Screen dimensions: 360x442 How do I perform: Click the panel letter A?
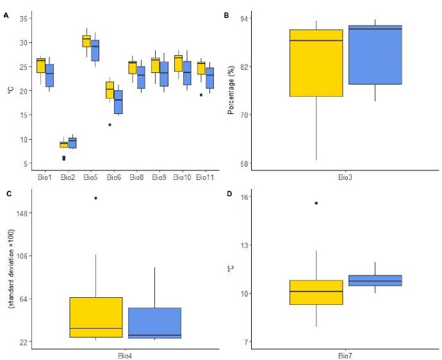(6, 15)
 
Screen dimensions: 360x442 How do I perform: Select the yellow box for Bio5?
(86, 41)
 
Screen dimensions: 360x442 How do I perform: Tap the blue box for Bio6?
(118, 102)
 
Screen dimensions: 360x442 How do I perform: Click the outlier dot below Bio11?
(201, 95)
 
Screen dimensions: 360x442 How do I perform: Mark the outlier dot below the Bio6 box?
(110, 124)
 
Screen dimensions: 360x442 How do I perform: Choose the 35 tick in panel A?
(22, 19)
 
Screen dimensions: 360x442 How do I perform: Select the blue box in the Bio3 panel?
(375, 55)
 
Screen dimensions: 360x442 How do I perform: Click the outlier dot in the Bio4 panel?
(95, 198)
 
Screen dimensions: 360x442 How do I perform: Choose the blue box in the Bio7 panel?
(375, 281)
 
